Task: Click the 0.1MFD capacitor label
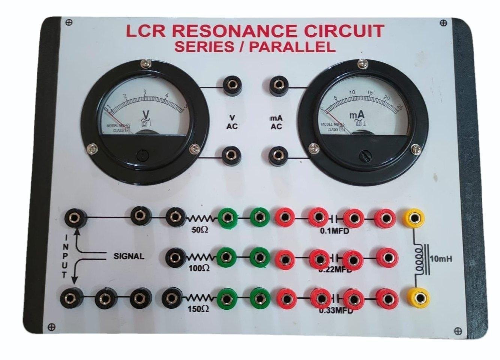click(x=334, y=231)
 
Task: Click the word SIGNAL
click(x=129, y=257)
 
